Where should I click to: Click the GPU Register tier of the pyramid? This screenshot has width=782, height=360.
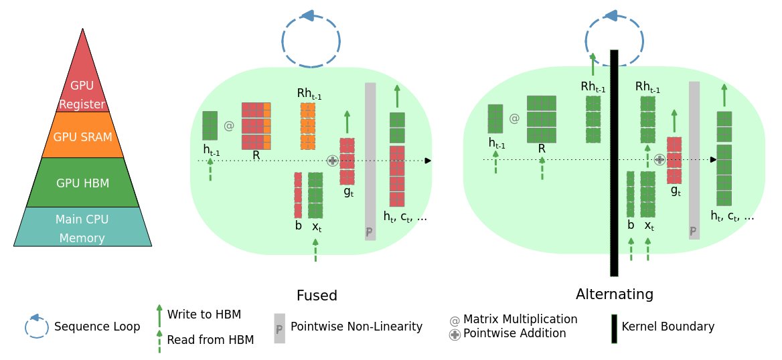click(82, 87)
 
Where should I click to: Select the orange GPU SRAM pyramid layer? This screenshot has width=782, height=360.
click(82, 136)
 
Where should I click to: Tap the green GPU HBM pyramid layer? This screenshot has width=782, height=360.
click(82, 182)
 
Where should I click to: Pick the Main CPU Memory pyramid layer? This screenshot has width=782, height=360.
click(82, 228)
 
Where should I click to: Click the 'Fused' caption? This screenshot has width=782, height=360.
click(317, 296)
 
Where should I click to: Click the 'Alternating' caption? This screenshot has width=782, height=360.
click(614, 294)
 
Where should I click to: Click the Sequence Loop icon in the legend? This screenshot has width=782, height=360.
click(37, 327)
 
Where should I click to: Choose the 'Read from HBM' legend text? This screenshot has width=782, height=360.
click(210, 340)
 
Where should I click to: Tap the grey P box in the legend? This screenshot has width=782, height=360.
click(280, 329)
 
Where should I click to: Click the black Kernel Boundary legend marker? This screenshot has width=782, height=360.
click(614, 329)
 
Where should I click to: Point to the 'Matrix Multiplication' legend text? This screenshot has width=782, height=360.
click(520, 319)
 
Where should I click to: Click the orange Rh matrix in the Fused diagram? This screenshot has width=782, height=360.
click(308, 126)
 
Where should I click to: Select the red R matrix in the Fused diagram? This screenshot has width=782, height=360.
click(256, 126)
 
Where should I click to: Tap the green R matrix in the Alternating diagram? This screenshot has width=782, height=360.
click(541, 119)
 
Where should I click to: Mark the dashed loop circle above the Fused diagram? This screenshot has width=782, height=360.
click(311, 41)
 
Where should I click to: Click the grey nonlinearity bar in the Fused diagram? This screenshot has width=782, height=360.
click(370, 161)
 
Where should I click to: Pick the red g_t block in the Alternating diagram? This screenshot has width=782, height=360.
click(674, 160)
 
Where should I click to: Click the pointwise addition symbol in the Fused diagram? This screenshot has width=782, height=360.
click(332, 161)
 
